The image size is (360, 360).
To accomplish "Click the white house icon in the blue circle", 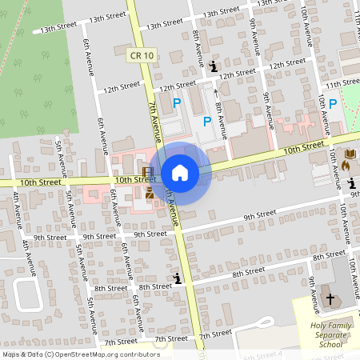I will [180, 173].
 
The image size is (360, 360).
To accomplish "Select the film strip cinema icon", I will [148, 172].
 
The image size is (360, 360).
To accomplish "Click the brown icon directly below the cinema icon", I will [150, 192].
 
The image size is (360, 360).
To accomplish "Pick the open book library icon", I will [350, 154].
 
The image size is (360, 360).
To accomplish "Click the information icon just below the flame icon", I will [353, 182].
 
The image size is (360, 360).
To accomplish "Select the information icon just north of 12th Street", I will [213, 66].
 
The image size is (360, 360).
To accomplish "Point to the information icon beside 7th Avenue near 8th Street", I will [177, 278].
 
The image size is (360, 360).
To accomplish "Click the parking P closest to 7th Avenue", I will [177, 102].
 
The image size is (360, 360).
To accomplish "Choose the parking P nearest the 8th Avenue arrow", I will [207, 121].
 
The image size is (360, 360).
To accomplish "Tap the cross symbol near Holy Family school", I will [331, 298].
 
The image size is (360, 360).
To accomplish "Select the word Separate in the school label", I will [326, 335].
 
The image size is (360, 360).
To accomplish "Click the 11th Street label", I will [342, 82].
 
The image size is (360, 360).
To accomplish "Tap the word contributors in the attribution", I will [136, 354].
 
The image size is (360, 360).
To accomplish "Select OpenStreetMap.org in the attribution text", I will [88, 354].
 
